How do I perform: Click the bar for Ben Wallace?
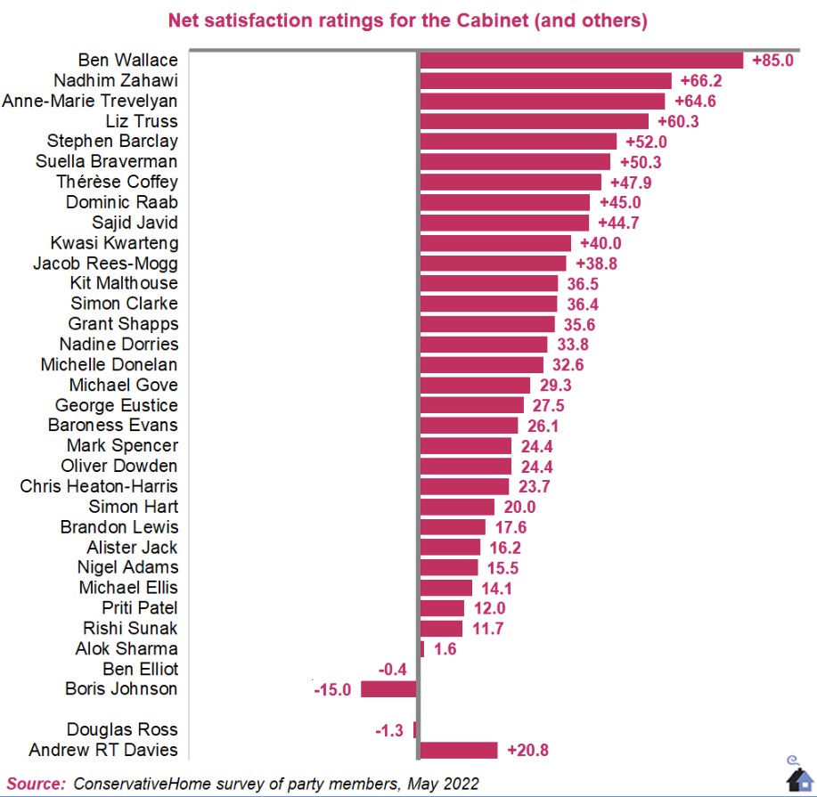(x=581, y=61)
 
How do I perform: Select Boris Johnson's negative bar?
(x=388, y=689)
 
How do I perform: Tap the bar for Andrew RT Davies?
(x=458, y=750)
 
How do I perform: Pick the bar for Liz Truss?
(x=534, y=121)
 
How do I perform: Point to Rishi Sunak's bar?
(x=441, y=629)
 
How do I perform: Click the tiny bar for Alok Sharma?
(x=421, y=649)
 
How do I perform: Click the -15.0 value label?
(x=332, y=690)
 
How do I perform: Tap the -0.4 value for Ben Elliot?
(x=393, y=670)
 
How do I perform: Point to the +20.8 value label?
(x=527, y=751)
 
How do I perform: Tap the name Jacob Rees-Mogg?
(x=105, y=264)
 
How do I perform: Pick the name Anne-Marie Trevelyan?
(x=90, y=101)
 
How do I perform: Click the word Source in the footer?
(x=36, y=784)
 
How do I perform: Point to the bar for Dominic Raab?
(x=504, y=202)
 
